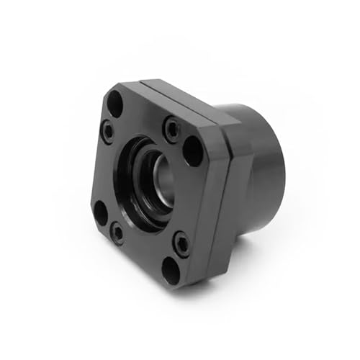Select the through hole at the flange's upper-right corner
click(193, 150)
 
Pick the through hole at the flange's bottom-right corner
click(171, 270)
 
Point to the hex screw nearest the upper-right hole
click(172, 130)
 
